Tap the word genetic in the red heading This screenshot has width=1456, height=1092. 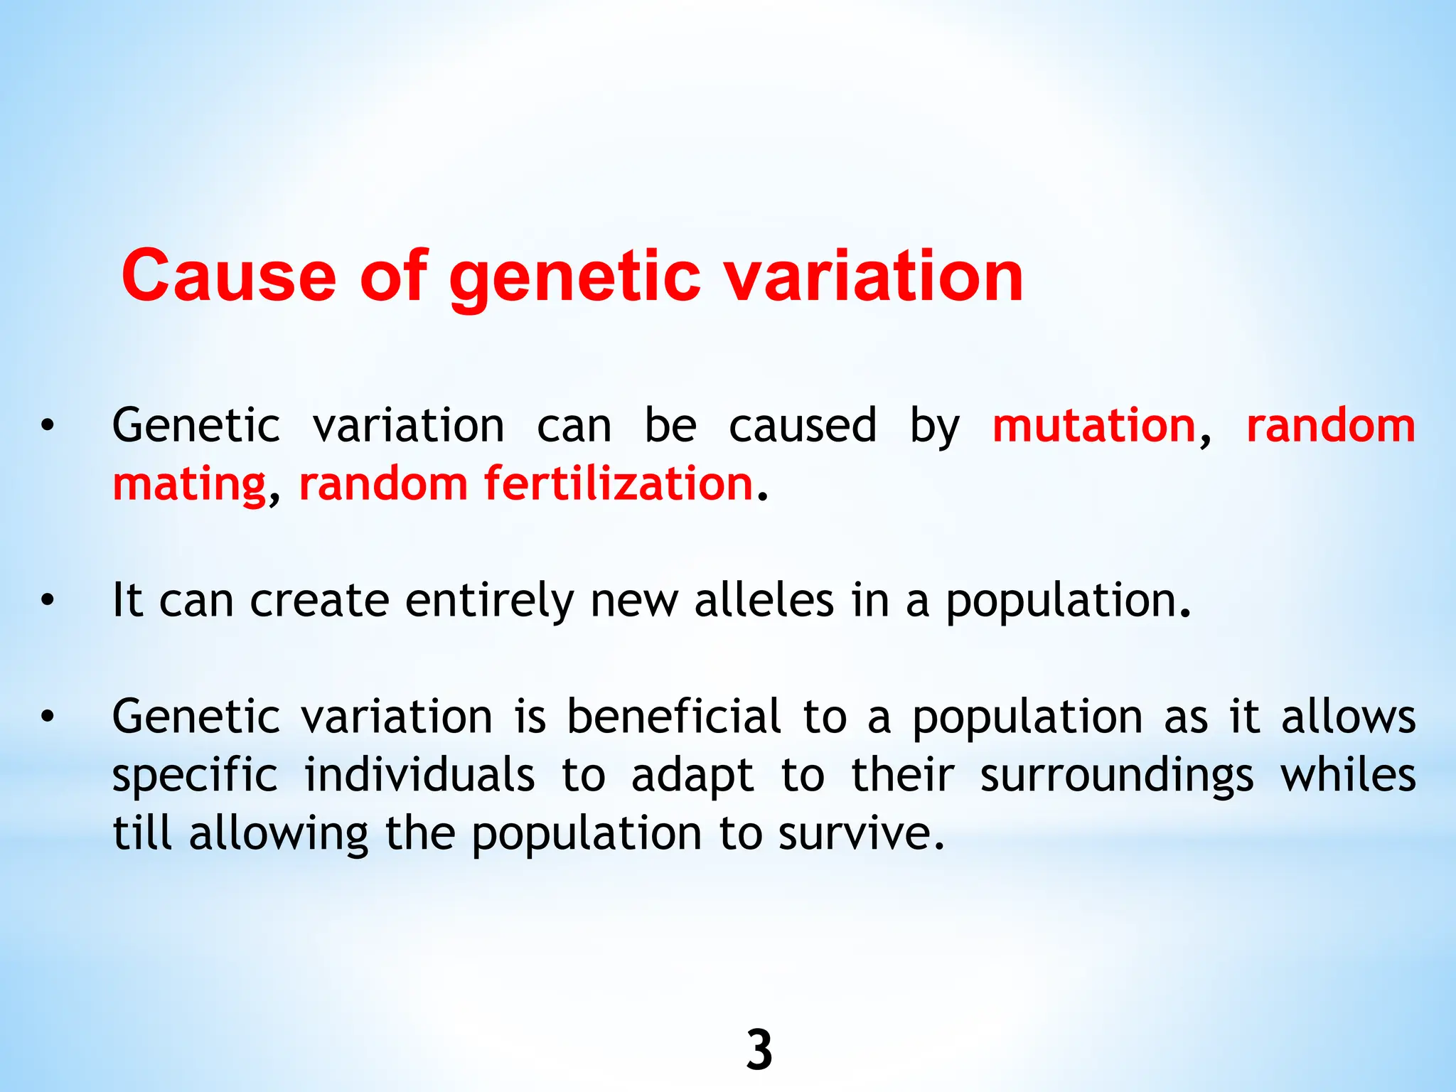click(574, 277)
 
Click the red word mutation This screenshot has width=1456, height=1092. click(1094, 426)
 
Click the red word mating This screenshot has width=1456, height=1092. click(189, 485)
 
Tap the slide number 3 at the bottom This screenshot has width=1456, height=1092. click(759, 1050)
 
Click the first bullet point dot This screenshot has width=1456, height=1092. click(47, 427)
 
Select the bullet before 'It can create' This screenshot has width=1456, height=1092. click(47, 601)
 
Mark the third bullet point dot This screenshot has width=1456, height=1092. click(47, 717)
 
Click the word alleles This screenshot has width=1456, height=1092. click(764, 601)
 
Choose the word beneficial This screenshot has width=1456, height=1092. click(674, 716)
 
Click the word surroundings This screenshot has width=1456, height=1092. click(1116, 776)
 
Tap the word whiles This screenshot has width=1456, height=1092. click(1348, 774)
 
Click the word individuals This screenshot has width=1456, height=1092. click(419, 774)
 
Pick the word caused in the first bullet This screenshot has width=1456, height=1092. click(803, 426)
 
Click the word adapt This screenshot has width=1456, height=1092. click(692, 776)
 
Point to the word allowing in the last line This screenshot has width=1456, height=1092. click(279, 834)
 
